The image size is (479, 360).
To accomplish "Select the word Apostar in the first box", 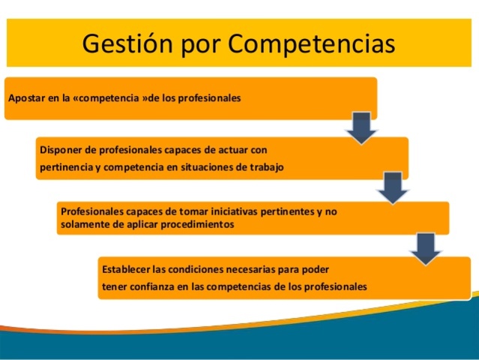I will [x=25, y=97].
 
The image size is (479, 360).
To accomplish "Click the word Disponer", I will [x=61, y=150].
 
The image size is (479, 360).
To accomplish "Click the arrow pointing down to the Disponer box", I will [x=361, y=127].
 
